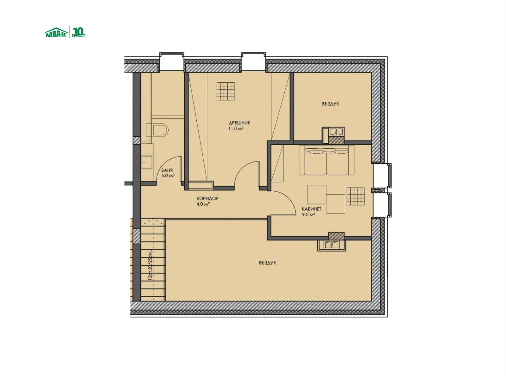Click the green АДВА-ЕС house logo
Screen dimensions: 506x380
point(56,32)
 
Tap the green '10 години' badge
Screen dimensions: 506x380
point(79,32)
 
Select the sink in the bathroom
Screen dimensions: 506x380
point(147,162)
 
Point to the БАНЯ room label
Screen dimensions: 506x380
point(167,170)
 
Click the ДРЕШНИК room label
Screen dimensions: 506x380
point(239,123)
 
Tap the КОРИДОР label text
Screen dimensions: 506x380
point(207,199)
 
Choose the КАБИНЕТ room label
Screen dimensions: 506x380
point(312,209)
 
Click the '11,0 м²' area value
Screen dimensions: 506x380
point(236,129)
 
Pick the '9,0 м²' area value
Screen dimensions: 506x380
point(308,215)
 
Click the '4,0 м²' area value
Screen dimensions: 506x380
point(203,204)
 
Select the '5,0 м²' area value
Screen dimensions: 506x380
point(168,175)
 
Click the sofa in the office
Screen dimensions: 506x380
point(326,160)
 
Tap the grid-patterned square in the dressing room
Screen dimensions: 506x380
point(226,92)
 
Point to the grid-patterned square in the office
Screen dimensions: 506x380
point(356,196)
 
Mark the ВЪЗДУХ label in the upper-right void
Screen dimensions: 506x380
point(330,104)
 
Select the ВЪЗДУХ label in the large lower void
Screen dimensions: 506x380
point(267,263)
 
